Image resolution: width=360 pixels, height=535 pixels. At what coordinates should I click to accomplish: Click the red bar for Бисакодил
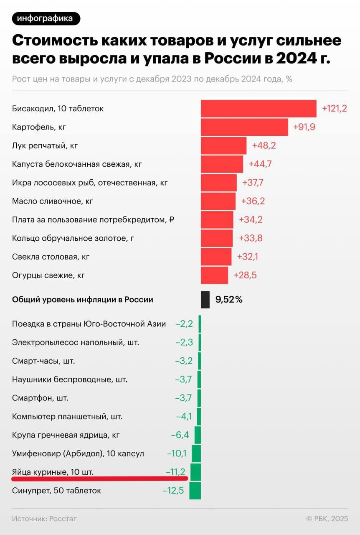click(x=259, y=109)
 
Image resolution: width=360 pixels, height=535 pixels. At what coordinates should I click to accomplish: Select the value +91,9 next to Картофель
click(x=304, y=127)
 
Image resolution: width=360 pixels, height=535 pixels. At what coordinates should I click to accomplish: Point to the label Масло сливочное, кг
click(x=53, y=201)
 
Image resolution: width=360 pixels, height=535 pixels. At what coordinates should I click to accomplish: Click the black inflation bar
click(x=205, y=299)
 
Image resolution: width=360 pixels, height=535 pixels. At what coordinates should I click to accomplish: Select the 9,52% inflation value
click(x=229, y=299)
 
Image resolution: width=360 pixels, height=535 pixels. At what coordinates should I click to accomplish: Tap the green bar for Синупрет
click(x=195, y=490)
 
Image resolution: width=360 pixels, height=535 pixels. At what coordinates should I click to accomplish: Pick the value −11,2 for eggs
click(x=175, y=472)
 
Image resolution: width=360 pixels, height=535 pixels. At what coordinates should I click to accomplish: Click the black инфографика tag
click(x=46, y=18)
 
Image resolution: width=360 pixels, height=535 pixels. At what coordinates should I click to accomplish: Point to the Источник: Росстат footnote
click(x=44, y=519)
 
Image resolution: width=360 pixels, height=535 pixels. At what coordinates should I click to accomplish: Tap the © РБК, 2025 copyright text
click(x=327, y=519)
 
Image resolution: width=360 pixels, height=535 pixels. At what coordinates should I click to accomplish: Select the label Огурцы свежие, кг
click(x=49, y=275)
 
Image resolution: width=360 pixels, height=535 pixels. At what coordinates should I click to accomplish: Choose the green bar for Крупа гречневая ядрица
click(x=198, y=435)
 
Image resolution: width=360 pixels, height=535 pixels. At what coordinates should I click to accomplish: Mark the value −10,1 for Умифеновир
click(x=177, y=453)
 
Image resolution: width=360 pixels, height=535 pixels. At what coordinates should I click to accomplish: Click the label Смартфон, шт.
click(x=40, y=398)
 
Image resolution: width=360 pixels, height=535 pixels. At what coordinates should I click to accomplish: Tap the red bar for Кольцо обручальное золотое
click(x=217, y=238)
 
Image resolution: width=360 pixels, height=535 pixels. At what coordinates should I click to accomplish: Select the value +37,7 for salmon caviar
click(x=253, y=183)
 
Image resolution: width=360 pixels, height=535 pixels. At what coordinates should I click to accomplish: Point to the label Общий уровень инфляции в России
click(x=83, y=299)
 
